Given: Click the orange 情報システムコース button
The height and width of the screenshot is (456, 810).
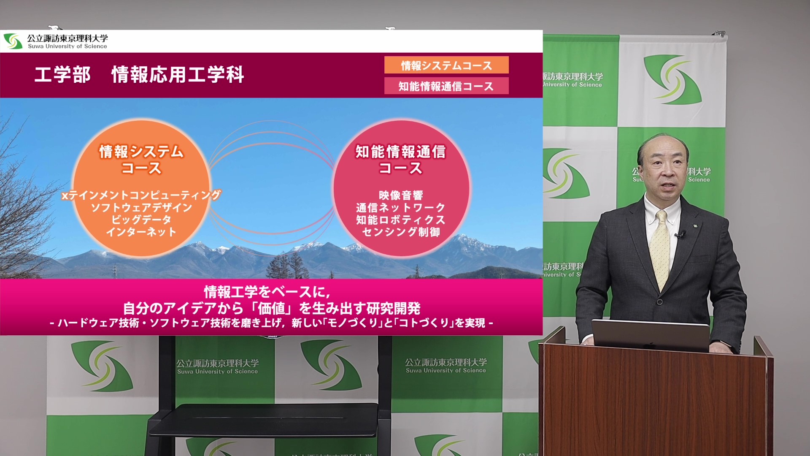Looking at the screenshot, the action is (x=446, y=65).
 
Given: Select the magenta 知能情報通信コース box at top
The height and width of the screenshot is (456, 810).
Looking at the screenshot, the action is (x=446, y=86).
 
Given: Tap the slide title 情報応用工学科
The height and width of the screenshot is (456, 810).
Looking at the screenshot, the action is (x=178, y=75).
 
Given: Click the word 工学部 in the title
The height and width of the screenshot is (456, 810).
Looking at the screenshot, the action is (x=62, y=75).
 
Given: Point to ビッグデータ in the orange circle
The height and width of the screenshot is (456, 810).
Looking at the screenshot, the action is (x=141, y=220).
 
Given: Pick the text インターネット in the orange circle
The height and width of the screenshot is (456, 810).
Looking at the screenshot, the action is (x=141, y=232).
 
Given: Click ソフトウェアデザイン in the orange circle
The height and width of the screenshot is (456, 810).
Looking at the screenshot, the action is (x=141, y=207).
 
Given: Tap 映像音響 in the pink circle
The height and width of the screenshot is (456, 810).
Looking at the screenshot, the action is (x=401, y=195).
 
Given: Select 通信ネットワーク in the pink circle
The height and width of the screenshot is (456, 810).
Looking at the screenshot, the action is (x=401, y=207).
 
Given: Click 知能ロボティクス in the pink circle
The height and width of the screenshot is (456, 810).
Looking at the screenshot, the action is (x=401, y=220).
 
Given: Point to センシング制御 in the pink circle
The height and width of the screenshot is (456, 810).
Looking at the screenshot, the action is (x=401, y=232).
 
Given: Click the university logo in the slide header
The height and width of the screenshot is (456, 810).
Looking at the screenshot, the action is (x=13, y=41).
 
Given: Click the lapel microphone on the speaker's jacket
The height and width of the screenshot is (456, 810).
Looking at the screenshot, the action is (x=680, y=233).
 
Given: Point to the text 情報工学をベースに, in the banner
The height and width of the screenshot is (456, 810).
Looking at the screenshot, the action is (x=267, y=292).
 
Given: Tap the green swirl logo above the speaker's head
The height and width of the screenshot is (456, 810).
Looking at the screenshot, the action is (x=672, y=79).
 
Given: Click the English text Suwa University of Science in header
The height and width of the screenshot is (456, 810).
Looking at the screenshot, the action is (x=67, y=46).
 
